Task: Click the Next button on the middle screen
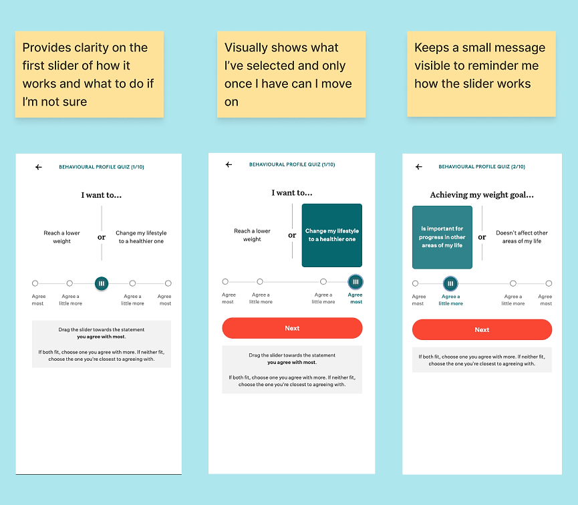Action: point(292,328)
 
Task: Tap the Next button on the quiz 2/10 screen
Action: point(482,329)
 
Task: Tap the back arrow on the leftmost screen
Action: point(39,167)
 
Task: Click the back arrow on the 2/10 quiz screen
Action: point(419,166)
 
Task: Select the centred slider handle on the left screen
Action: point(102,283)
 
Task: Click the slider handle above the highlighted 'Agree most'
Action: point(355,282)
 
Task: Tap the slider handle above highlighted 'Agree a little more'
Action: point(450,283)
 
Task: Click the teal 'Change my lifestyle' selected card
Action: point(331,235)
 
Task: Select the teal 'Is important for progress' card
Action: point(442,237)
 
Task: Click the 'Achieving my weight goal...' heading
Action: point(482,195)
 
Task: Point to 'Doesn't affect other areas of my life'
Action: point(522,237)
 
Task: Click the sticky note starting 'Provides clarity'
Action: point(90,74)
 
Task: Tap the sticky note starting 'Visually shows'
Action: point(291,74)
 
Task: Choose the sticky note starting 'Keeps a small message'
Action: point(481,74)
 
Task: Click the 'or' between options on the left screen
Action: point(102,237)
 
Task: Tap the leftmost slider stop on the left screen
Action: point(35,283)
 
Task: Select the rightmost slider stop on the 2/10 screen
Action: point(549,283)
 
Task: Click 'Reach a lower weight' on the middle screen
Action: point(252,235)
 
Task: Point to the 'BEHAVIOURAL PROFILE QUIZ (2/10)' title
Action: point(482,166)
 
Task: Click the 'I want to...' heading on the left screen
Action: point(102,195)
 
